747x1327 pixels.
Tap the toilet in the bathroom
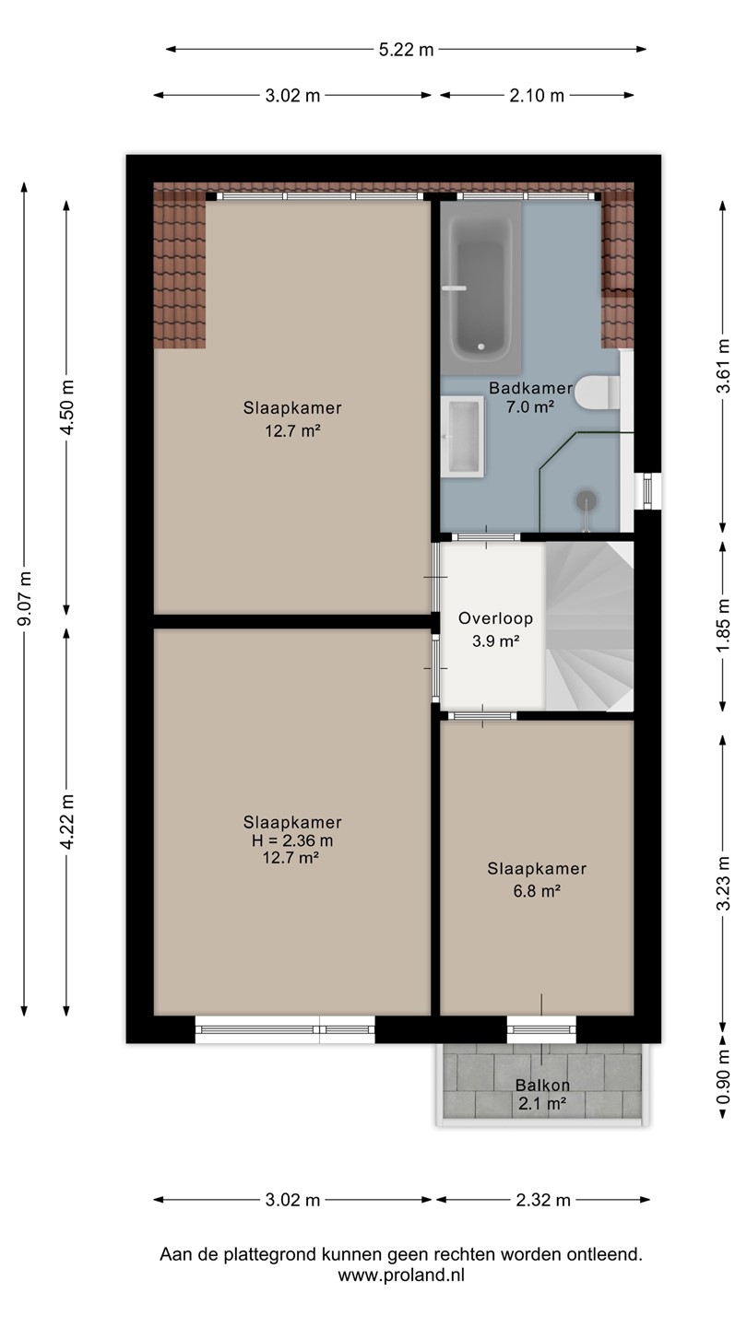597,393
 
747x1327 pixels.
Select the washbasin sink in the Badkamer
462,437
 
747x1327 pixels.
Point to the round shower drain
586,499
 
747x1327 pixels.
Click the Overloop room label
495,618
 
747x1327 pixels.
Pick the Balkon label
542,1086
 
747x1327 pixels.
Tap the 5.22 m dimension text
406,50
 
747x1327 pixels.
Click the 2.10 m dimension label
537,96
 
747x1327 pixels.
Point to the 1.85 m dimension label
723,626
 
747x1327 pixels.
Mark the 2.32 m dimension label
543,1200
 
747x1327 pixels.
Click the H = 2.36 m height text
292,840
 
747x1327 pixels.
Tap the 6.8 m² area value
537,891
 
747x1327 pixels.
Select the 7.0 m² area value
530,406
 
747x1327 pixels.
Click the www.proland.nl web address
401,1274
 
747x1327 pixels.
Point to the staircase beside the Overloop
589,627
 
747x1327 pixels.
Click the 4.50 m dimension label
67,407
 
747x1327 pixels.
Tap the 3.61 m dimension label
723,366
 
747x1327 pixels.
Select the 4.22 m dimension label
67,822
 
